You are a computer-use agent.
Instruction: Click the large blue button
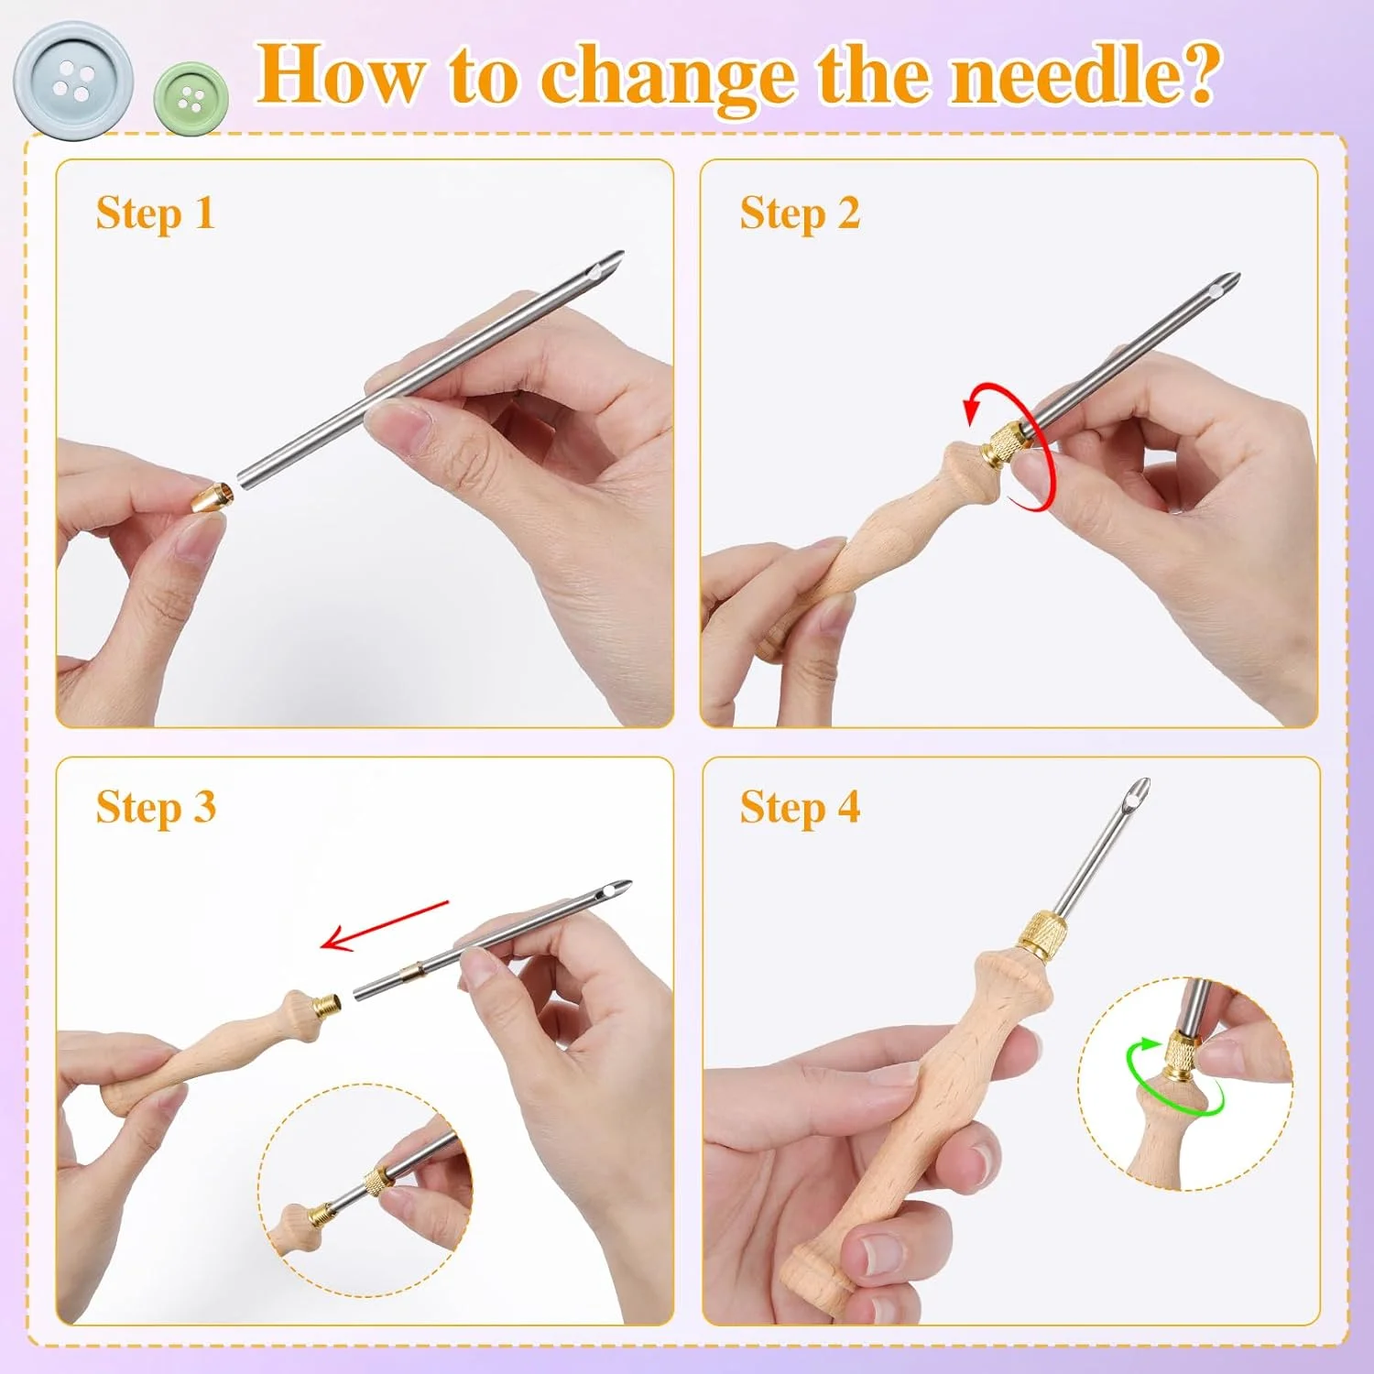point(73,81)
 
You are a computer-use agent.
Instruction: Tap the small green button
point(191,98)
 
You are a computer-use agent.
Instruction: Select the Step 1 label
point(155,213)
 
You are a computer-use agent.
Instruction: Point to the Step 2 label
point(800,213)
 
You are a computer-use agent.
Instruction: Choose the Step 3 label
point(156,808)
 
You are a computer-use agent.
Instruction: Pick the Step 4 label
point(800,808)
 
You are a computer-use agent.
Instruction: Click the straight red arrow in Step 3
point(385,925)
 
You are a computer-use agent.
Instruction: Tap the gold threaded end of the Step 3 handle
point(327,1009)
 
